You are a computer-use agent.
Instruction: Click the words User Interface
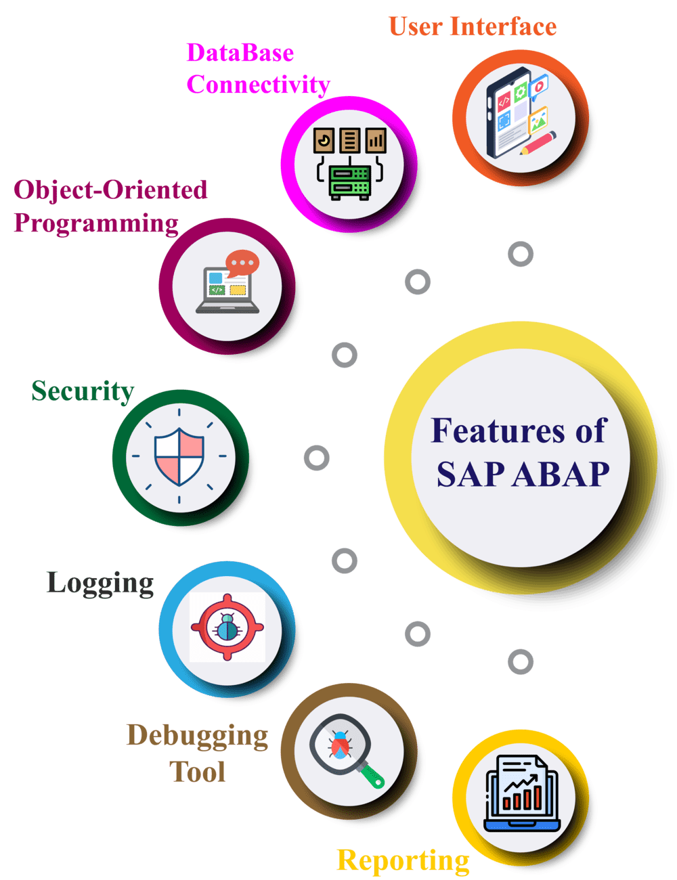(472, 26)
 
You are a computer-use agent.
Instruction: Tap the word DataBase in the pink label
(240, 53)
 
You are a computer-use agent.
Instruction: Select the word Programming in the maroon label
(96, 222)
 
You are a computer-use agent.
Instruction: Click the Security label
(83, 391)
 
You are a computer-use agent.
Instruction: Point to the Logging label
(100, 582)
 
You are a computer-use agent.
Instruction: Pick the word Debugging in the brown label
(197, 736)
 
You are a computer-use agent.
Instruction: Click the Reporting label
(403, 860)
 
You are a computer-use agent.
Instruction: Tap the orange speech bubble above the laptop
(242, 263)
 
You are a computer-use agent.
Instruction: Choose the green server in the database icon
(349, 182)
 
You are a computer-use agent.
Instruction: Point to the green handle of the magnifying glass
(371, 774)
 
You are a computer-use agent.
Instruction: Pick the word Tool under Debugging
(197, 772)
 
